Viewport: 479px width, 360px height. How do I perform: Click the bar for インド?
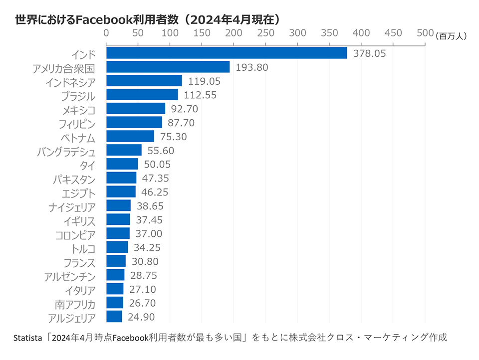click(227, 53)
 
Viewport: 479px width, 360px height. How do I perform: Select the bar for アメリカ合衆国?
click(168, 67)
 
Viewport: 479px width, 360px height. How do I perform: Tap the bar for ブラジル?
click(142, 95)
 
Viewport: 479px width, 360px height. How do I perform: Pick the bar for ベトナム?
click(130, 136)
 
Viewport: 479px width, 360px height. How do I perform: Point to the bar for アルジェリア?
click(114, 316)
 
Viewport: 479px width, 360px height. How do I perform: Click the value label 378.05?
click(369, 53)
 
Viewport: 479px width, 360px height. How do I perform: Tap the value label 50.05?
click(159, 164)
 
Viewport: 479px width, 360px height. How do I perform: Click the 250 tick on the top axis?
click(265, 33)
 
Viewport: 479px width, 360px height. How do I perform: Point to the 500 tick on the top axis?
click(425, 33)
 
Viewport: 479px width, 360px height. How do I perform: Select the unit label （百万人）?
click(451, 36)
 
